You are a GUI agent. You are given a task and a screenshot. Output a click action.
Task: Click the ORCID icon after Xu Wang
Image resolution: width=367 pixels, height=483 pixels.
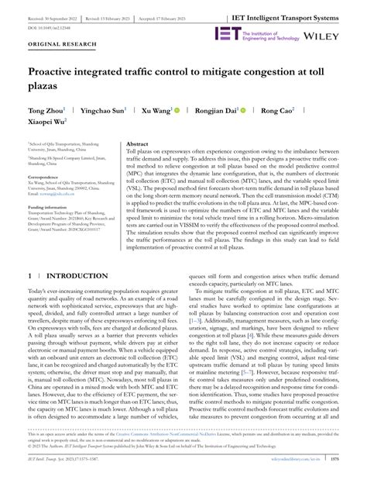[176, 111]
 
